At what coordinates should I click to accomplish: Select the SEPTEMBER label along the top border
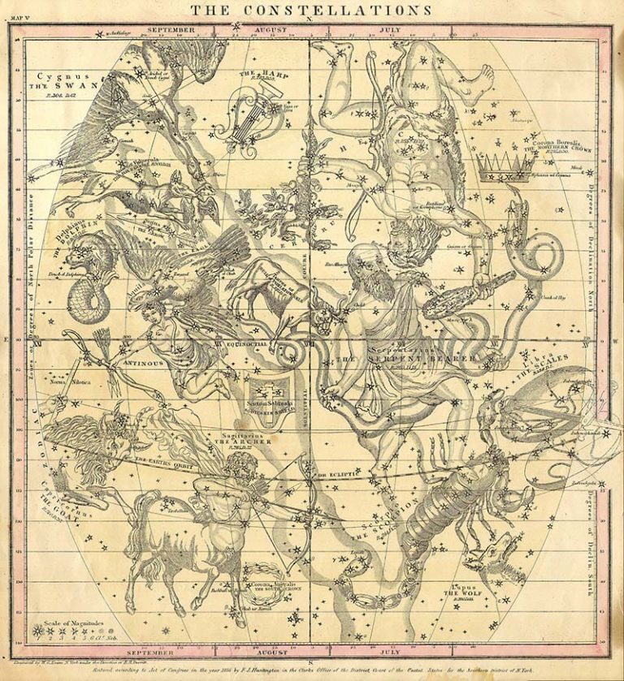pyautogui.click(x=171, y=29)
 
